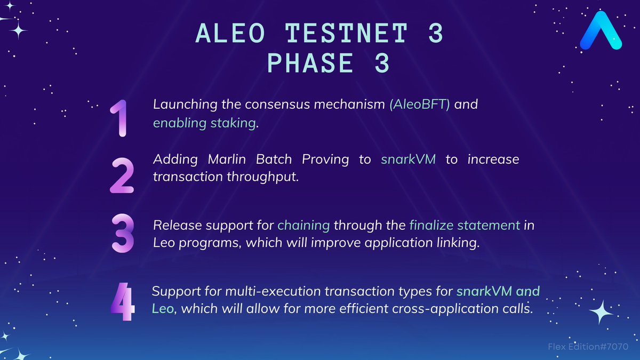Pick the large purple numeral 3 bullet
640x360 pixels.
pos(122,234)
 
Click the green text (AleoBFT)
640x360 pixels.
pos(420,105)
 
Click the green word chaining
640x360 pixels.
pos(303,225)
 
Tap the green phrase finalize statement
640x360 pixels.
pos(464,225)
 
